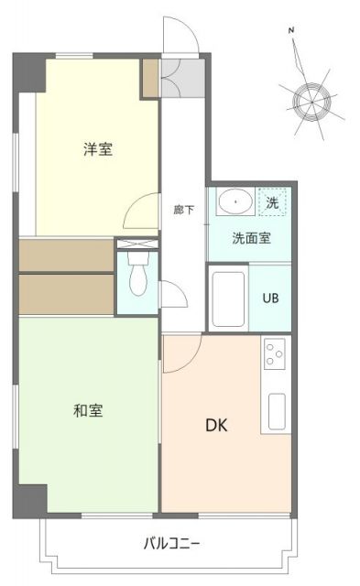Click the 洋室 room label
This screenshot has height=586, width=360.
tap(98, 149)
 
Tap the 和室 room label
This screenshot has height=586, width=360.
tap(88, 410)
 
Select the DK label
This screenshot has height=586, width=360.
tap(216, 425)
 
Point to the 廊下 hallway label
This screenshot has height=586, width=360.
tap(183, 209)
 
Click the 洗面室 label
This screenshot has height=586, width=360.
tap(249, 240)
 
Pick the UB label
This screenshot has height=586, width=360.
tap(271, 298)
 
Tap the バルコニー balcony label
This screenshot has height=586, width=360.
tap(171, 543)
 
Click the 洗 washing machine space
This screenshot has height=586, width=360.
tap(272, 201)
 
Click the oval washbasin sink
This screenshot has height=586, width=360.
tap(238, 200)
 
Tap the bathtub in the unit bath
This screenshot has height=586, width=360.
tap(228, 298)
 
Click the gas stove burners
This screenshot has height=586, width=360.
tap(274, 352)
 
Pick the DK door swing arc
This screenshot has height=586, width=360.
tap(174, 353)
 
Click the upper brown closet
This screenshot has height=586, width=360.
tap(64, 254)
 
